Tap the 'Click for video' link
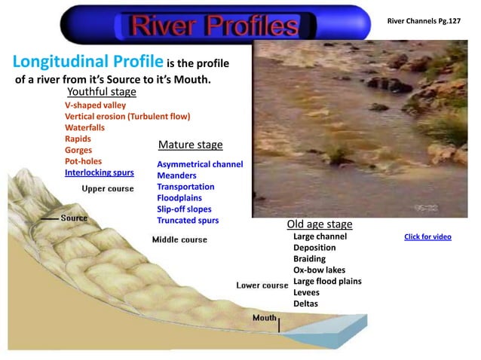pyautogui.click(x=427, y=236)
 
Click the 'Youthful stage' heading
pyautogui.click(x=102, y=92)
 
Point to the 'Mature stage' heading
pyautogui.click(x=190, y=145)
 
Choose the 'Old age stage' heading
pyautogui.click(x=320, y=224)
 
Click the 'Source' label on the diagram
pyautogui.click(x=74, y=218)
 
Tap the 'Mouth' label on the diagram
pyautogui.click(x=265, y=318)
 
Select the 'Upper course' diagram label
pyautogui.click(x=108, y=188)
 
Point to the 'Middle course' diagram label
pyautogui.click(x=179, y=239)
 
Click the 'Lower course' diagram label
pyautogui.click(x=262, y=285)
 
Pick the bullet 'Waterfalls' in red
pyautogui.click(x=85, y=128)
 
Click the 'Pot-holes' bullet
pyautogui.click(x=84, y=161)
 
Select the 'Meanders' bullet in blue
pyautogui.click(x=176, y=175)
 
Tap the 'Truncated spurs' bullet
pyautogui.click(x=188, y=221)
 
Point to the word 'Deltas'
pyautogui.click(x=305, y=304)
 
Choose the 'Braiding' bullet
pyautogui.click(x=310, y=258)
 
